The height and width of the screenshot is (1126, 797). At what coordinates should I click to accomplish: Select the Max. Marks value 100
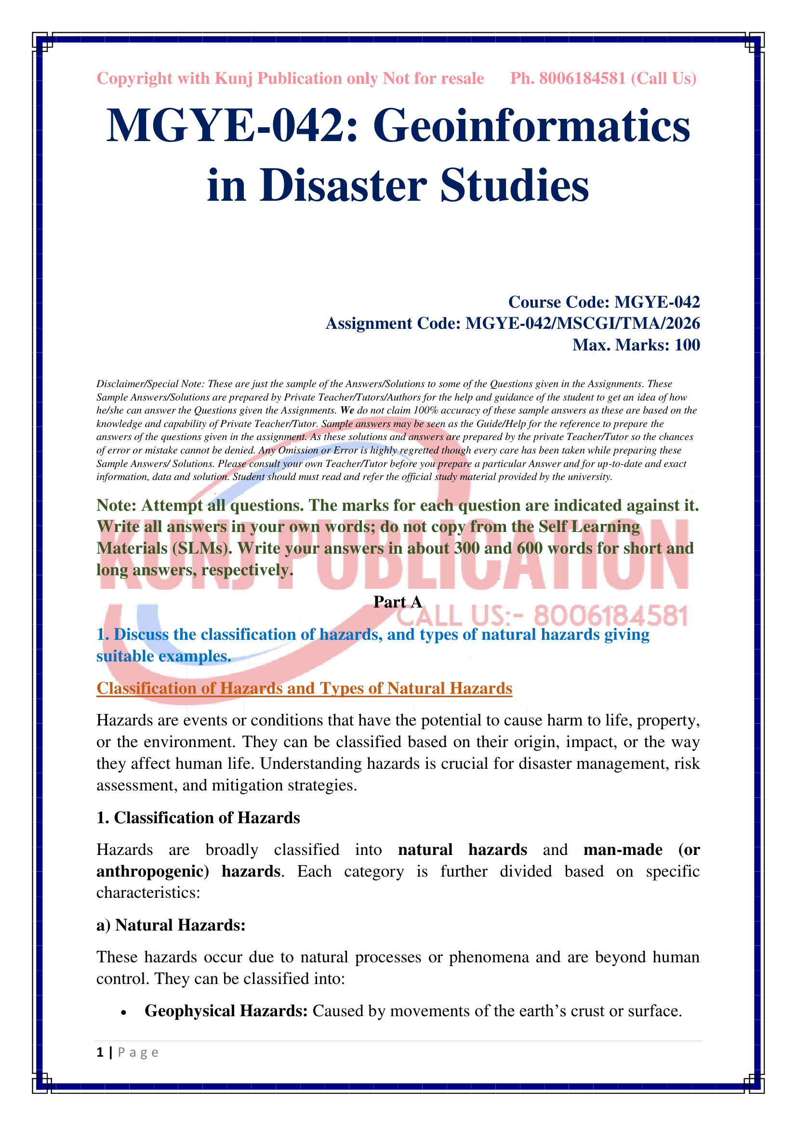(x=687, y=345)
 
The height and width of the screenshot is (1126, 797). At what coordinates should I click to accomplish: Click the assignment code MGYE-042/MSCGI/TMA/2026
(x=582, y=324)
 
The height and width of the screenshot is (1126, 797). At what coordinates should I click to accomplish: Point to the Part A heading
(x=398, y=602)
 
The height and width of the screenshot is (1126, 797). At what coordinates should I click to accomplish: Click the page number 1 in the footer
(x=100, y=1052)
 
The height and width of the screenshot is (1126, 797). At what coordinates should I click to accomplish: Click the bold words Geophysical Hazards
(x=226, y=1011)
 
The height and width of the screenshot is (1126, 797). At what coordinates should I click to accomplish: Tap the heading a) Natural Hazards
(x=171, y=925)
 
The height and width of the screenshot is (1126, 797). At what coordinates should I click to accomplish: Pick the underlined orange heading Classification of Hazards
(x=304, y=688)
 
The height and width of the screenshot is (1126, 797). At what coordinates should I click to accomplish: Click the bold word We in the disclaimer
(x=347, y=410)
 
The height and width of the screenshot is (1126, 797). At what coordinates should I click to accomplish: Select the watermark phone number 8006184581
(x=611, y=617)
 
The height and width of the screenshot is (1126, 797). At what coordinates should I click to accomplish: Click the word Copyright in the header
(x=134, y=78)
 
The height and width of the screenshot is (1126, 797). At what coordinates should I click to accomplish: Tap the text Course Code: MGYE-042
(x=604, y=302)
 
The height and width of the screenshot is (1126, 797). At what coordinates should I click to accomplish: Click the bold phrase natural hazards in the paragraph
(x=462, y=849)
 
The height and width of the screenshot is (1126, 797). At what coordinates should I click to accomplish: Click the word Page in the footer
(x=138, y=1052)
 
